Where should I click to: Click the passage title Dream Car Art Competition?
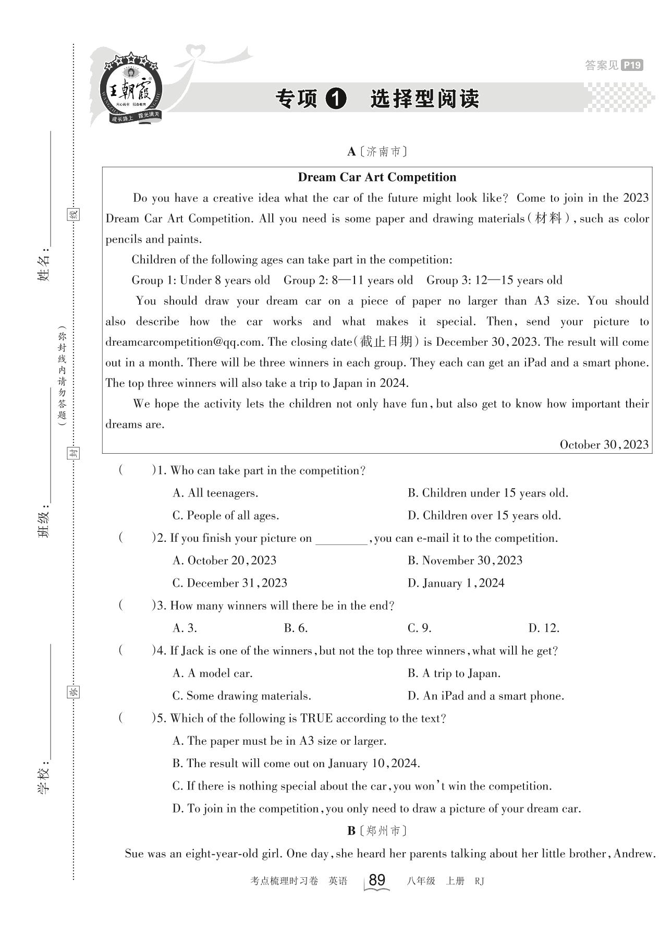(x=377, y=177)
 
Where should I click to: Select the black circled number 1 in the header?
(x=335, y=99)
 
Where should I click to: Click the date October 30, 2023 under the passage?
(x=604, y=445)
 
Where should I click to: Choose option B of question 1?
(x=487, y=493)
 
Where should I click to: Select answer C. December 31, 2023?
(x=229, y=583)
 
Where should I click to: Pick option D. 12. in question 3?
(x=543, y=628)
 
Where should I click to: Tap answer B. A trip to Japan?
(x=454, y=673)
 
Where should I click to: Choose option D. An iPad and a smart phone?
(x=485, y=696)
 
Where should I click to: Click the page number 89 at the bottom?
(x=376, y=880)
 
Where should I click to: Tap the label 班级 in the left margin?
(x=44, y=524)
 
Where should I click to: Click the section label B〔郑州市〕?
(x=376, y=831)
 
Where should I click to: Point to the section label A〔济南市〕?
(x=376, y=152)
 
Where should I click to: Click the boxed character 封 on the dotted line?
(x=74, y=453)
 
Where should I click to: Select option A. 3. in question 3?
(x=185, y=628)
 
